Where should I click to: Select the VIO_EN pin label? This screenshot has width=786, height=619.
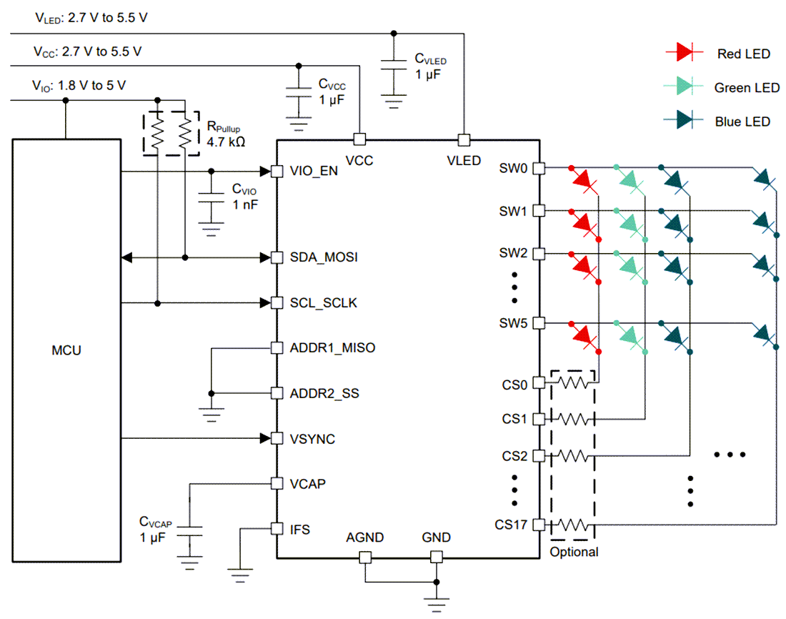(x=314, y=171)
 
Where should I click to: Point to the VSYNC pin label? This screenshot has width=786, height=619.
(x=312, y=439)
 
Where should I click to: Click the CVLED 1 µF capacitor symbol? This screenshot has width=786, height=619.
(x=392, y=66)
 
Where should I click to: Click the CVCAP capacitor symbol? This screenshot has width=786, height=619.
(x=190, y=531)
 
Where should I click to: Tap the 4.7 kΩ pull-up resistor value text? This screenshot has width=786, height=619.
(x=226, y=142)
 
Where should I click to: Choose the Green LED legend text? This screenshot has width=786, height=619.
(x=747, y=88)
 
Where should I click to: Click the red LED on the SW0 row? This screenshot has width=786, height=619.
(x=584, y=180)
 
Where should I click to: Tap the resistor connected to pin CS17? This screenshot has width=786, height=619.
(x=573, y=524)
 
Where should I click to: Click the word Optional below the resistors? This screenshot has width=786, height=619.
(x=574, y=552)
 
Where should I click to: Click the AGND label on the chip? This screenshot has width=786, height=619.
(x=365, y=538)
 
